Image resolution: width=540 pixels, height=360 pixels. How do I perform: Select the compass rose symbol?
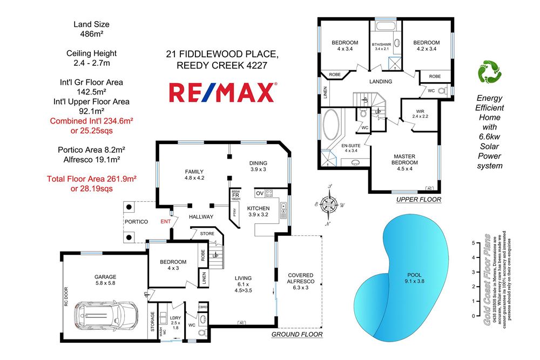pos(328,205)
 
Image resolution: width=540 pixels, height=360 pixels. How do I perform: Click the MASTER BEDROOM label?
pos(404,160)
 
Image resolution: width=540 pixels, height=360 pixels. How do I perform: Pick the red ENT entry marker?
pos(166,221)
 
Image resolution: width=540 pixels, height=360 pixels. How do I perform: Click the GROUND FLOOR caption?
pos(296,335)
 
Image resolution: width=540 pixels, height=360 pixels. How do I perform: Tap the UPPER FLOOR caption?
pos(418,200)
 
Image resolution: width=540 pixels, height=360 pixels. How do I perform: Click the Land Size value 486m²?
pos(91,33)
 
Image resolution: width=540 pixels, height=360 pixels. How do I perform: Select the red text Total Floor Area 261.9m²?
pos(91,179)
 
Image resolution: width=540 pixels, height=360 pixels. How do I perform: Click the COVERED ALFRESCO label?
pos(300,279)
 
